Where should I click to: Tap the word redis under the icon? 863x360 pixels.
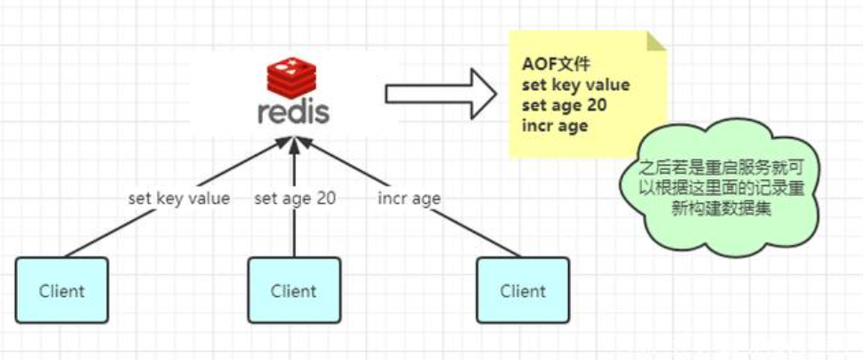[x=293, y=112]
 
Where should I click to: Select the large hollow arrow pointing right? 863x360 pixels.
[x=441, y=94]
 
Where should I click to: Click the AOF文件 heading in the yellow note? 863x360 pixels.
[x=556, y=64]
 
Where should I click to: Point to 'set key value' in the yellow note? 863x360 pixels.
[x=575, y=85]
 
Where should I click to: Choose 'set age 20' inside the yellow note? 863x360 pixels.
[x=564, y=105]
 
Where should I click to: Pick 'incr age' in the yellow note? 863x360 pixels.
[x=555, y=126]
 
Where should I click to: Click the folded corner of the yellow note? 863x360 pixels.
[x=656, y=41]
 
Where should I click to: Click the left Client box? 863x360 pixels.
[x=61, y=290]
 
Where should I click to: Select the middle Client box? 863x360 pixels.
[x=294, y=290]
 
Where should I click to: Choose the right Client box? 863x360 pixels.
[x=523, y=290]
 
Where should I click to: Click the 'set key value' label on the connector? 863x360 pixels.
[x=179, y=198]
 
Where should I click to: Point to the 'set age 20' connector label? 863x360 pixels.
[x=295, y=198]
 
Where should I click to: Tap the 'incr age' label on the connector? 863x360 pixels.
[x=409, y=198]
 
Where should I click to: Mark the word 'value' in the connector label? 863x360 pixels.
[x=209, y=198]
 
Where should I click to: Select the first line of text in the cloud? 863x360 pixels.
[x=722, y=168]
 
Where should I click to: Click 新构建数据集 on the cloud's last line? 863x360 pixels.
[x=722, y=209]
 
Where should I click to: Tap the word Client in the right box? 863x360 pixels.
[x=523, y=290]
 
